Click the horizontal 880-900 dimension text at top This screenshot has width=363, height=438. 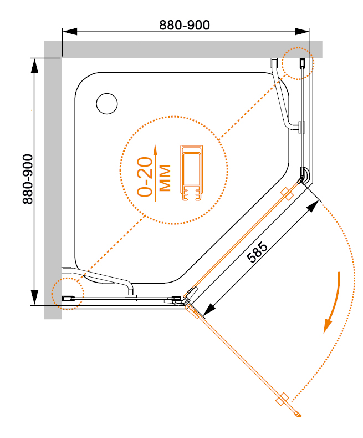click(x=185, y=25)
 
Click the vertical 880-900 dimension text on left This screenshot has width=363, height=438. click(x=28, y=179)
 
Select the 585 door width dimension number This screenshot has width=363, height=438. click(x=257, y=253)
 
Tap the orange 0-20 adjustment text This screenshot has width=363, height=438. click(x=145, y=177)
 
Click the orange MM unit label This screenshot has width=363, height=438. click(x=165, y=178)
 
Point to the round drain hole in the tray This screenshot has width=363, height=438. click(x=107, y=104)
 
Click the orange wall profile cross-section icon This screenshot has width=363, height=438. click(x=192, y=172)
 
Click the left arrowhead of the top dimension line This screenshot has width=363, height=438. click(x=69, y=31)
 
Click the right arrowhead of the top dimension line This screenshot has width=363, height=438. click(x=302, y=31)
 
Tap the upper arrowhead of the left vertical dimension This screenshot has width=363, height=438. click(x=34, y=66)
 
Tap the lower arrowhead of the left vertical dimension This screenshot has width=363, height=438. click(x=34, y=298)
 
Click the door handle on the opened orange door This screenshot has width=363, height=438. click(x=282, y=400)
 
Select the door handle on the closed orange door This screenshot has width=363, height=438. click(x=287, y=194)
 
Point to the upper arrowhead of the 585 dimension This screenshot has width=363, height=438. click(x=313, y=207)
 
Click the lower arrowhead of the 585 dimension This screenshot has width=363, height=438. click(x=210, y=310)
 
